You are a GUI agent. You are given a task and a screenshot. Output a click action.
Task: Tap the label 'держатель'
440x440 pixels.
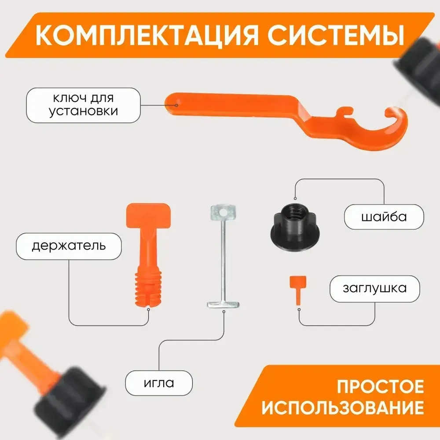pos(69,246)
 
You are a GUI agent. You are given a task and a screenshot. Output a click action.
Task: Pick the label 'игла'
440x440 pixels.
pos(159,382)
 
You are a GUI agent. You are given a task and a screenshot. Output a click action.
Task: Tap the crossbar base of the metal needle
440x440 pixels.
pos(224,304)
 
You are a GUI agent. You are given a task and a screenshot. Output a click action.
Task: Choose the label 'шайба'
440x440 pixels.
pos(384,216)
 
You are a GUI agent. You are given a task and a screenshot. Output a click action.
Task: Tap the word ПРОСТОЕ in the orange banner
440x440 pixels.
pos(380,387)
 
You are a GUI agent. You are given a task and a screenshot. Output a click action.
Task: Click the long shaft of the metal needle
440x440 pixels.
pos(224,260)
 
